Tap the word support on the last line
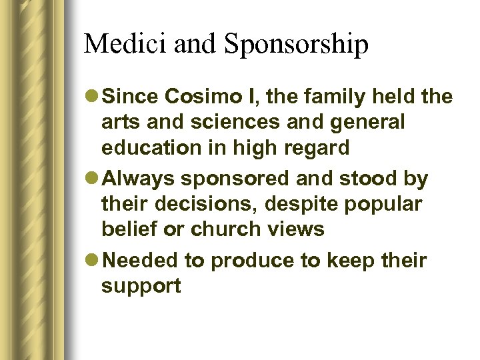(141, 287)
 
